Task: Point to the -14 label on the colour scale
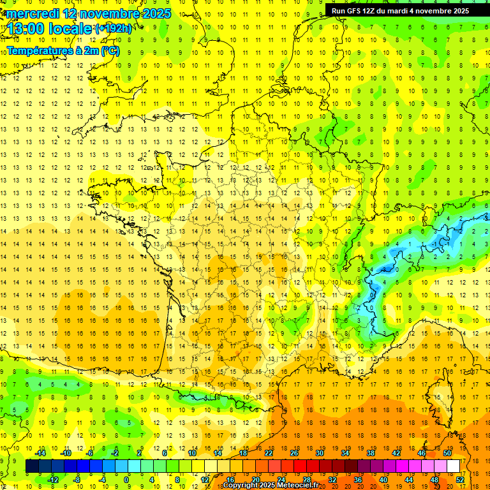click(x=40, y=453)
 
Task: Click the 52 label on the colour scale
click(x=459, y=480)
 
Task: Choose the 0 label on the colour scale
click(x=127, y=480)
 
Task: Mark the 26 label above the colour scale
click(x=294, y=453)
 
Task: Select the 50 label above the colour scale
click(x=447, y=453)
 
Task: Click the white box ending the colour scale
click(x=454, y=466)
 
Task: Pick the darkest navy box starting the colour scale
click(x=32, y=466)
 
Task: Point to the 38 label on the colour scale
click(x=371, y=453)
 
